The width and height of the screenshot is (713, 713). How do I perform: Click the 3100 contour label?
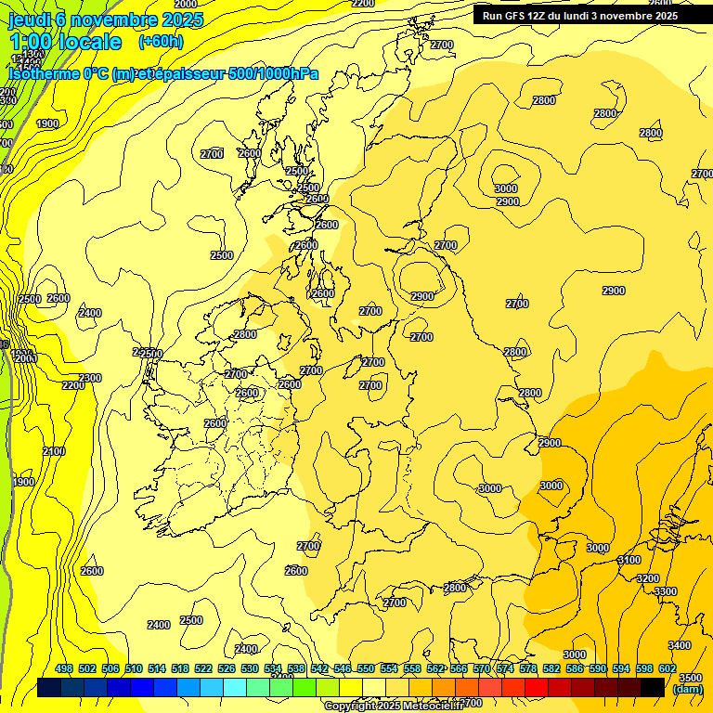click(x=629, y=560)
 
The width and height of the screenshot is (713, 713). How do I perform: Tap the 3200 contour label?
click(x=648, y=578)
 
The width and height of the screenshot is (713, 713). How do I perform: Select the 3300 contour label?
click(x=666, y=591)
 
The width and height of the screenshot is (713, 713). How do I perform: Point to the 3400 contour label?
click(x=680, y=645)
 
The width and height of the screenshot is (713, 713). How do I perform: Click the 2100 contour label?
click(x=54, y=451)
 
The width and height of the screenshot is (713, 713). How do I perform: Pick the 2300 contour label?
click(x=90, y=378)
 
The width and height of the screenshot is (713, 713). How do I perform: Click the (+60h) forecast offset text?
click(x=161, y=42)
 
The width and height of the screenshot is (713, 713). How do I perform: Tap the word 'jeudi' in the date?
click(x=29, y=19)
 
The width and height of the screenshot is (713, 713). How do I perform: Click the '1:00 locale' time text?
click(x=65, y=42)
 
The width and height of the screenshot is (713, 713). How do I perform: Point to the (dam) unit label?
click(x=687, y=689)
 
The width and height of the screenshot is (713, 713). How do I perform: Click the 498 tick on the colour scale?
click(x=64, y=669)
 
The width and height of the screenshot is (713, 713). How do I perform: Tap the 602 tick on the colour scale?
click(x=667, y=669)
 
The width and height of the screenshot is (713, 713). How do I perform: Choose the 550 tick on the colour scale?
click(x=366, y=669)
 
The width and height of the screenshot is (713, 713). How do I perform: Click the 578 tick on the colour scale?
click(x=527, y=669)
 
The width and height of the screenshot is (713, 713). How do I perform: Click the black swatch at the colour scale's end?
click(x=653, y=687)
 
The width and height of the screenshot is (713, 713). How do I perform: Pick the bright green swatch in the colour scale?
click(x=305, y=687)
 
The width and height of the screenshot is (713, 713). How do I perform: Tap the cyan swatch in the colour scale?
click(x=235, y=687)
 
